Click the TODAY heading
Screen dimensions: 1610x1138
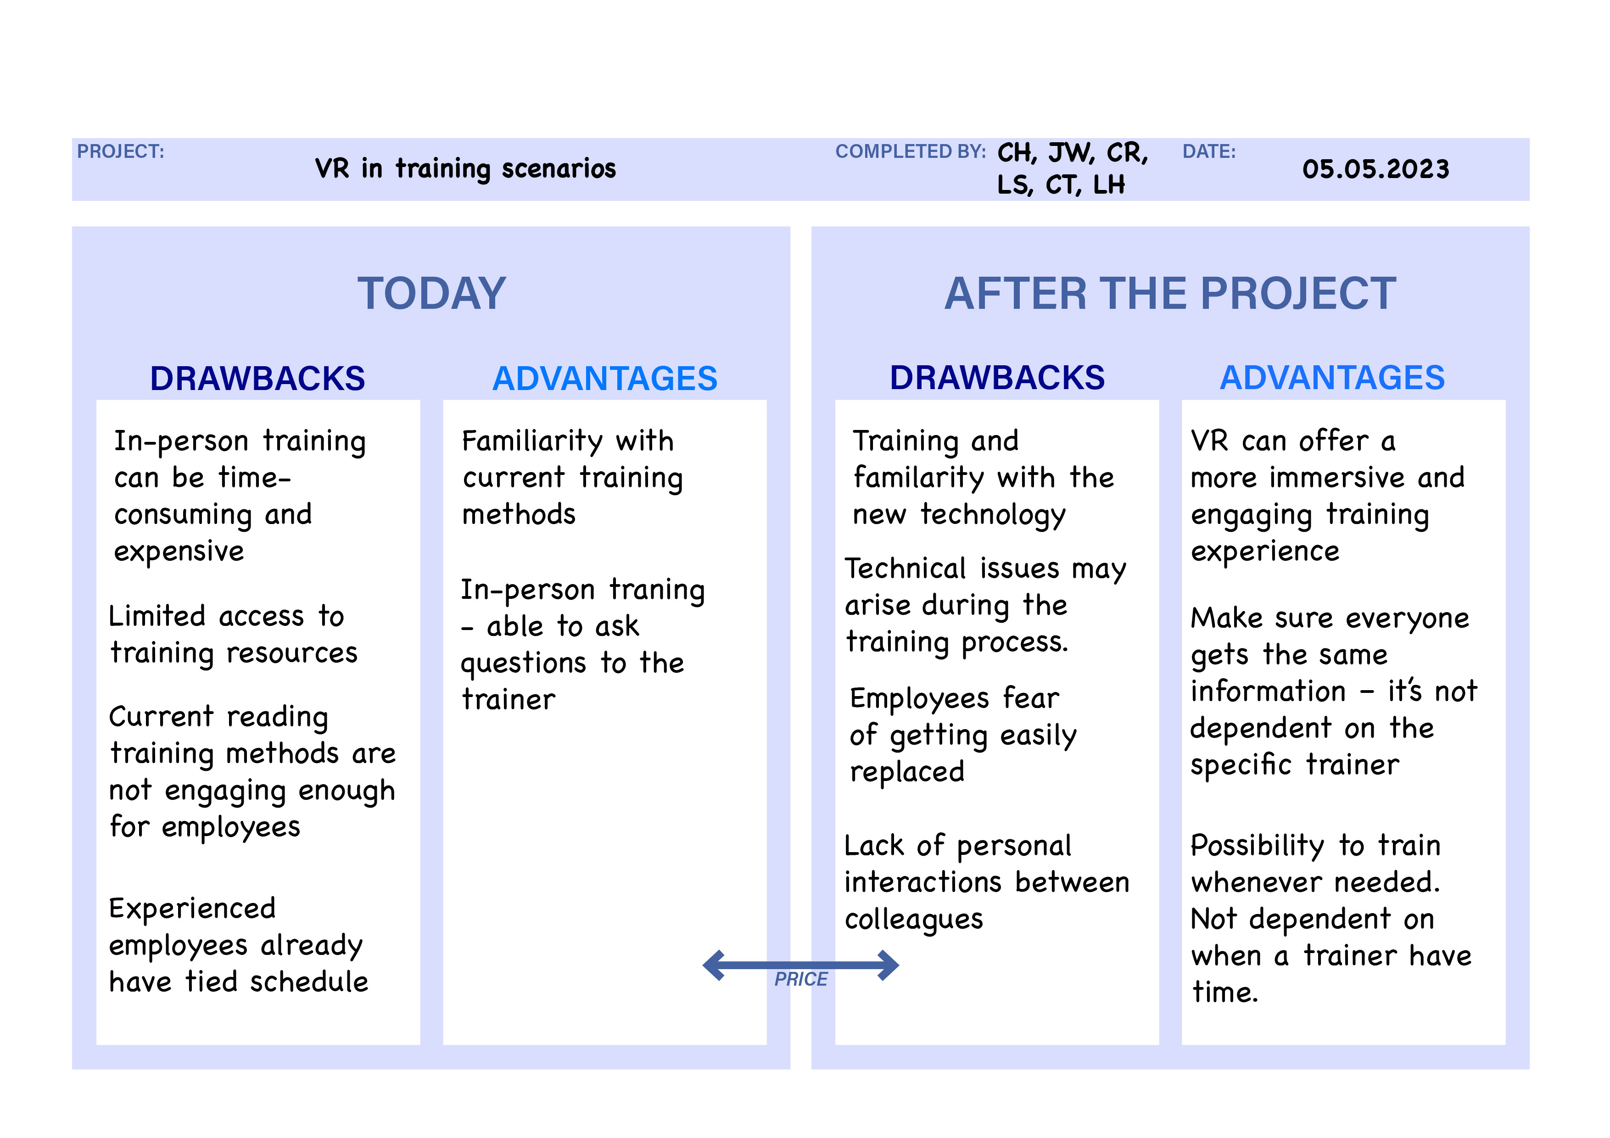point(431,293)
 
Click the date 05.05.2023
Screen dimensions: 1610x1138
point(1376,169)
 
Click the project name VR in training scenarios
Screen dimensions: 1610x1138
point(466,169)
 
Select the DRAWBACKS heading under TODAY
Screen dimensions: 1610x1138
point(257,379)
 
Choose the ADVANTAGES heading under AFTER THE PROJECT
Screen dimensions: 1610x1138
point(1332,378)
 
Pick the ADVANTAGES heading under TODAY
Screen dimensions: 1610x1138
point(605,379)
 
